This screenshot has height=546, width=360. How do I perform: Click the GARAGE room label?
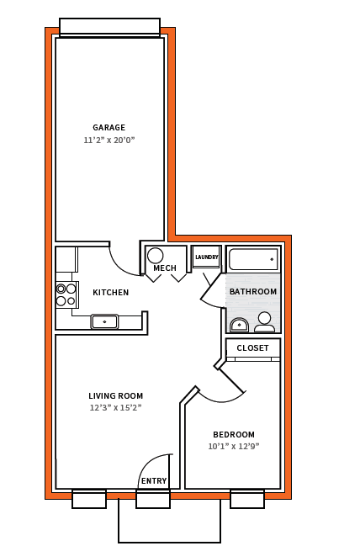[x=109, y=127]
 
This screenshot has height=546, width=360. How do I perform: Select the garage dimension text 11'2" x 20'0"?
[x=109, y=140]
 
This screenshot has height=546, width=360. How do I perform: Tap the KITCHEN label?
[x=111, y=293]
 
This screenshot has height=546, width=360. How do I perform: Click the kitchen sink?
[x=104, y=321]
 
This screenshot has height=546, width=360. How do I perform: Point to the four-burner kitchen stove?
[x=66, y=294]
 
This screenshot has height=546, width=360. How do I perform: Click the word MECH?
[x=165, y=268]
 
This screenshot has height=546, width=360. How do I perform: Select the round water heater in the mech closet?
[x=156, y=256]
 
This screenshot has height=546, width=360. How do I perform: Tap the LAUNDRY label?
[x=207, y=257]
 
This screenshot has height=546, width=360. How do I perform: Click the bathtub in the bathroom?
[x=253, y=259]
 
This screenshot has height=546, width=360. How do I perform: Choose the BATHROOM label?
[x=253, y=291]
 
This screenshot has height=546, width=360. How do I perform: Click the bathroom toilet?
[x=265, y=322]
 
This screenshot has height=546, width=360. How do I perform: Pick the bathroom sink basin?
[x=239, y=326]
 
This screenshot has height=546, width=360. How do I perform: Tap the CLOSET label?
[x=253, y=347]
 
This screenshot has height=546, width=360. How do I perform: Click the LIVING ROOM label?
[x=115, y=396]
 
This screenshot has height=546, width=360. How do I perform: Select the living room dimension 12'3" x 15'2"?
[x=115, y=407]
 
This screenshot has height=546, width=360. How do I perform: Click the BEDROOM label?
[x=234, y=435]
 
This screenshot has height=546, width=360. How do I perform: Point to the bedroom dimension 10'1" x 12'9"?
[x=234, y=446]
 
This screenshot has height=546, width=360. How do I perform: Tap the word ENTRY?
[x=154, y=481]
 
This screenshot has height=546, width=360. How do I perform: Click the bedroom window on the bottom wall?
[x=247, y=499]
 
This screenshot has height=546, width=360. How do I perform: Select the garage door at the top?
[x=109, y=27]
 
